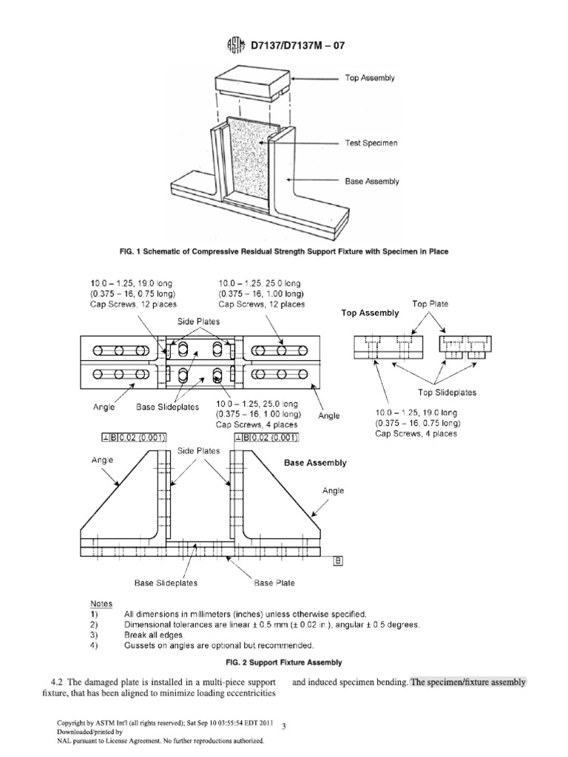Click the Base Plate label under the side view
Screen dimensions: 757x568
click(274, 583)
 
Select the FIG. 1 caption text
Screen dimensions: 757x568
click(284, 251)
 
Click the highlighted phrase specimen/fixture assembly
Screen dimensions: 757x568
click(468, 682)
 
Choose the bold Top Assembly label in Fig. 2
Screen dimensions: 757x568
click(370, 313)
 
